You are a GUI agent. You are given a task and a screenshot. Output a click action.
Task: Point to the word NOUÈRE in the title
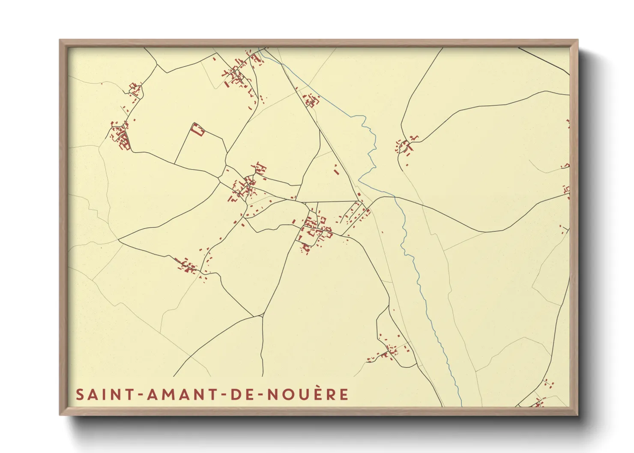[308, 394]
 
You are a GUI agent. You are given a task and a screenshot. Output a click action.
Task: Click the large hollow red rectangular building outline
[197, 129]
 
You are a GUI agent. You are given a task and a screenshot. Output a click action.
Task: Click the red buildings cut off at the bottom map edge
[537, 403]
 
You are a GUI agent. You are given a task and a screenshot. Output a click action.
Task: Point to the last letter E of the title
[344, 394]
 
